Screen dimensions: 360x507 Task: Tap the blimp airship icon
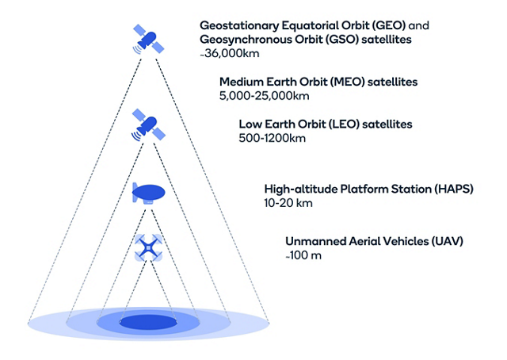[x=149, y=193]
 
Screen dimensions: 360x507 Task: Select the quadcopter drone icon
[x=149, y=247]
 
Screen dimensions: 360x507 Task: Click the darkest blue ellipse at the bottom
[x=149, y=322]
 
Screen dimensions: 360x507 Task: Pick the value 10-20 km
[x=288, y=204]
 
